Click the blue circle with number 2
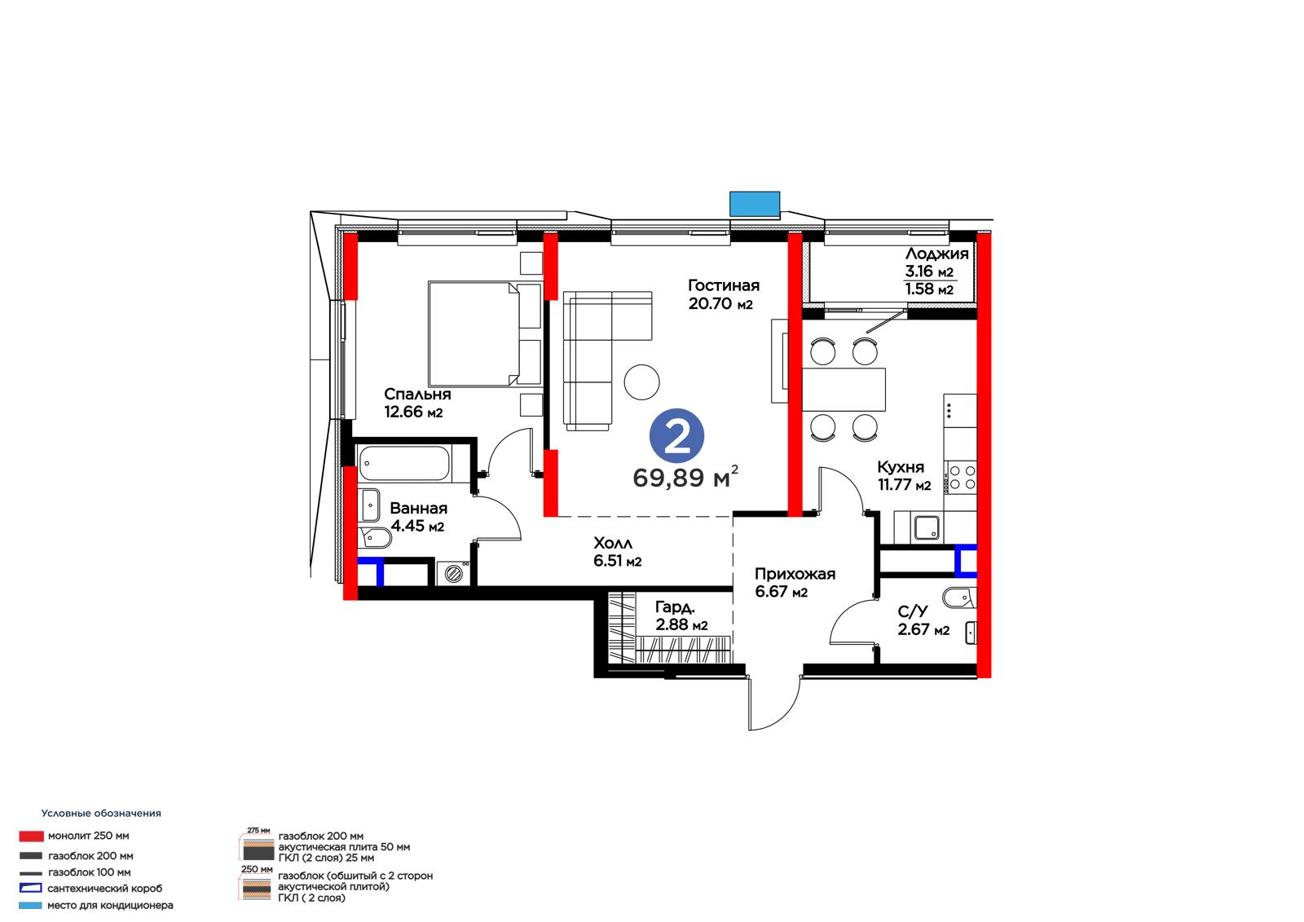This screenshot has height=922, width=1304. (676, 436)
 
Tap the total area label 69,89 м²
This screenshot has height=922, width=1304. (685, 477)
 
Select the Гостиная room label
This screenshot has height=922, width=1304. (724, 285)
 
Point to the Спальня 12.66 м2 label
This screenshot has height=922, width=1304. (417, 403)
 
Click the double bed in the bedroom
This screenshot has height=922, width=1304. (485, 333)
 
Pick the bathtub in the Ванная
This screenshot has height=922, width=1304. (404, 463)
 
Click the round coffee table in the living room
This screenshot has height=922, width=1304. (641, 382)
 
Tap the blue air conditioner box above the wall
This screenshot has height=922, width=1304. (755, 204)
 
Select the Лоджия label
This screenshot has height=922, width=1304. (936, 254)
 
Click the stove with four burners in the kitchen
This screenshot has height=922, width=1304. (961, 477)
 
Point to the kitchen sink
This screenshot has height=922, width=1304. (926, 527)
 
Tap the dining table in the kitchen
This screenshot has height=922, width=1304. (844, 390)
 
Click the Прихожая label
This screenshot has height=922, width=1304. (795, 574)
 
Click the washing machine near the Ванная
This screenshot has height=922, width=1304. (453, 573)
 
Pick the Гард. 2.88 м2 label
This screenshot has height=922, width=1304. (681, 616)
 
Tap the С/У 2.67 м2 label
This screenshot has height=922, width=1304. (923, 621)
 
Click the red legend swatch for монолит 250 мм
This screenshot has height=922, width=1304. (32, 836)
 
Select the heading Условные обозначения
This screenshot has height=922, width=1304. (101, 814)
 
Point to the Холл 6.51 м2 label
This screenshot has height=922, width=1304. (617, 552)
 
